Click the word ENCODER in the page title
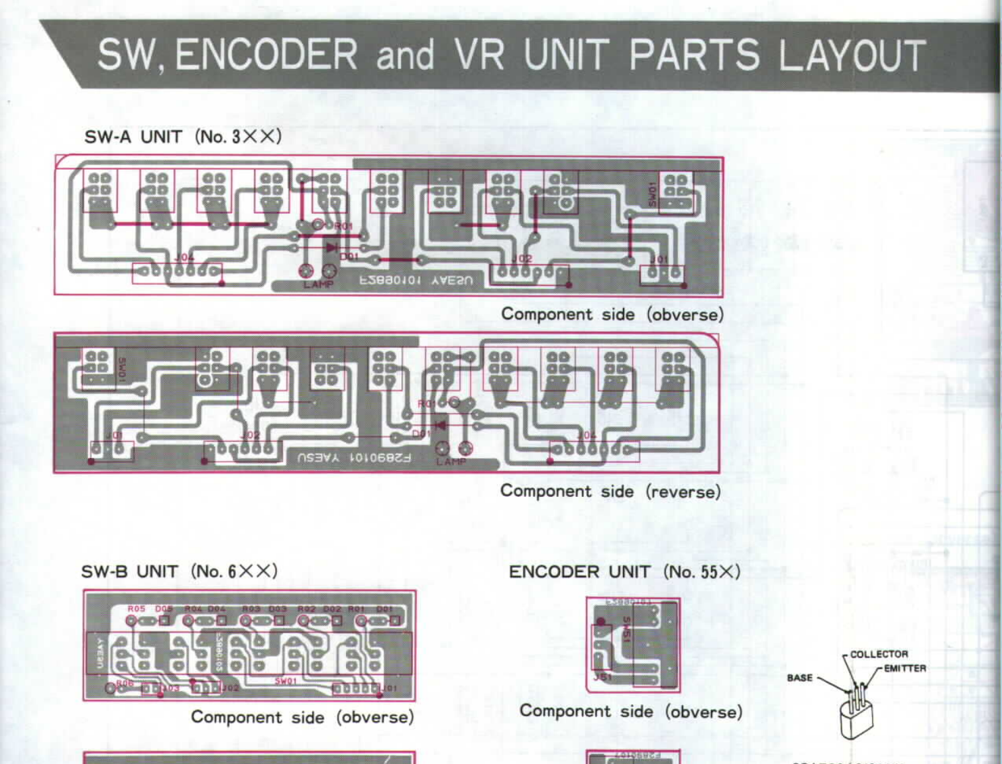[x=266, y=54]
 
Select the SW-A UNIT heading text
[x=133, y=137]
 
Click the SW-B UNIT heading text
[x=130, y=572]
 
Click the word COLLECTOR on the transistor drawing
[x=879, y=654]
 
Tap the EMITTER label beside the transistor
[x=905, y=668]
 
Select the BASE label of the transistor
[x=799, y=678]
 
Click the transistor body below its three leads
[x=856, y=720]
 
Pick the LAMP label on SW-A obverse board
[x=318, y=285]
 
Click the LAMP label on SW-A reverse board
[x=451, y=462]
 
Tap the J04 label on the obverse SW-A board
[x=184, y=257]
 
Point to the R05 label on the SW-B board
[x=137, y=608]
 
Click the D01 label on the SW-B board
[x=384, y=608]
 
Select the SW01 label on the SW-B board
[x=286, y=681]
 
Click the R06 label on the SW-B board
[x=125, y=682]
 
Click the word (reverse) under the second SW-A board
[x=683, y=491]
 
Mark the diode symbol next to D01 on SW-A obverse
[x=331, y=247]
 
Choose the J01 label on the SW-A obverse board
[x=659, y=259]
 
